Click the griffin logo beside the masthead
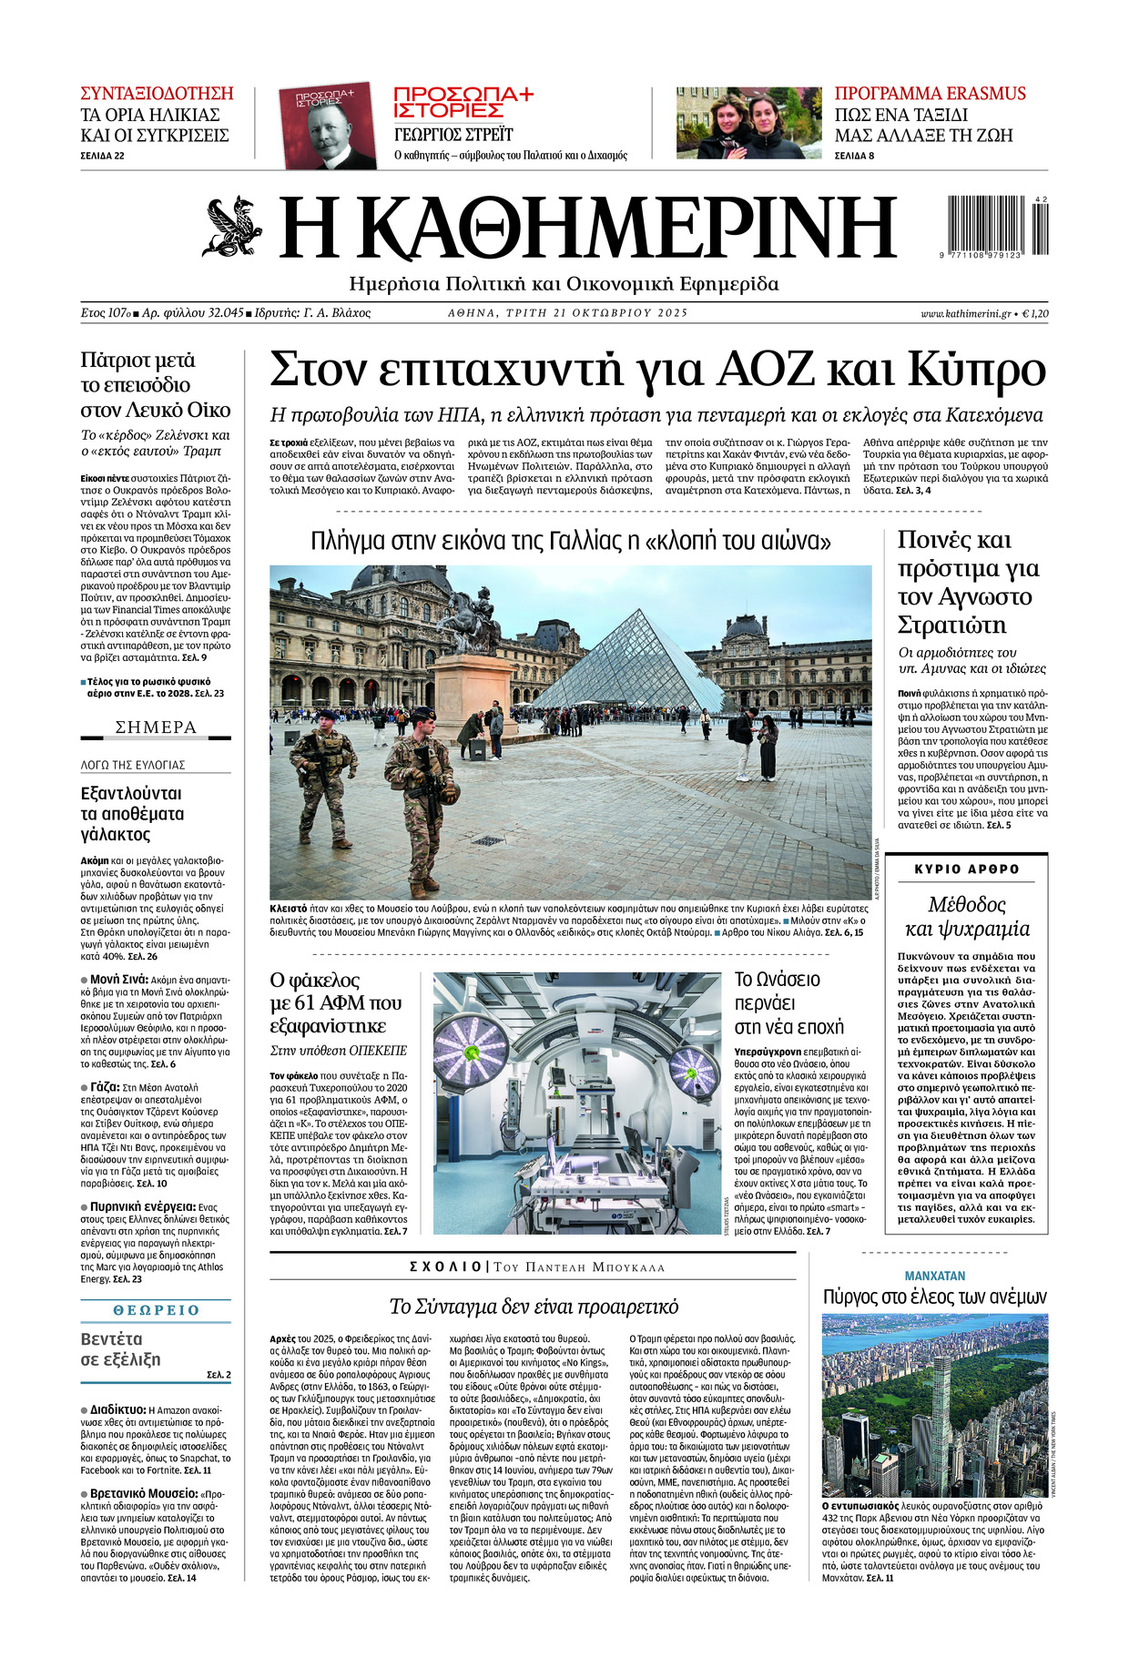(x=232, y=226)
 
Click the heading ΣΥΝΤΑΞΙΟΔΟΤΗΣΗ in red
(x=157, y=94)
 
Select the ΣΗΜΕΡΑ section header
(x=156, y=727)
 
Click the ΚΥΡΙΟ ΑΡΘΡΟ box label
(x=966, y=870)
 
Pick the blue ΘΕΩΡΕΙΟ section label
(x=156, y=1309)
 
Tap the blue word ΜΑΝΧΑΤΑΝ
(x=934, y=1276)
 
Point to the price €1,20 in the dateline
(x=1035, y=313)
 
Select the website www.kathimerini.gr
(x=966, y=313)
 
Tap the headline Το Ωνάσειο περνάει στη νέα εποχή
(x=789, y=1002)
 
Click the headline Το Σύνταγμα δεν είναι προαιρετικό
(x=534, y=1307)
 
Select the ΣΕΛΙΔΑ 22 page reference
(x=102, y=156)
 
